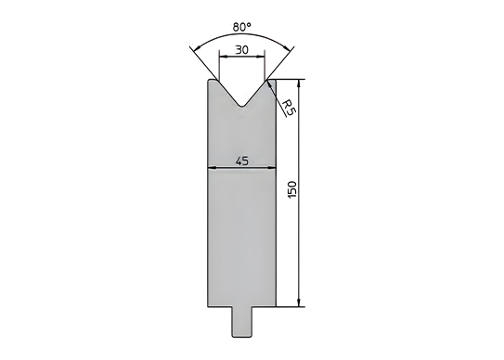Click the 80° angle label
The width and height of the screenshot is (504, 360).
(241, 27)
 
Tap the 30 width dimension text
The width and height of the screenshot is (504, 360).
(241, 50)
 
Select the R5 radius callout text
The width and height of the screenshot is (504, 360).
(289, 108)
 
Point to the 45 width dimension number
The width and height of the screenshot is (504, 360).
(242, 161)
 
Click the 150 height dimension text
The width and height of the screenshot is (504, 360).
(292, 189)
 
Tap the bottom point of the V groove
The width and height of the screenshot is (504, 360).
(241, 107)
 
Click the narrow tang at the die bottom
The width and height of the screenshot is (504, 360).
(241, 322)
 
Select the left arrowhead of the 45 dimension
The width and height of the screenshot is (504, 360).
(212, 167)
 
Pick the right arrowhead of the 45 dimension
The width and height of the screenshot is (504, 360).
(272, 167)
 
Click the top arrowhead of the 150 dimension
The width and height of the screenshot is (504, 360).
(299, 83)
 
